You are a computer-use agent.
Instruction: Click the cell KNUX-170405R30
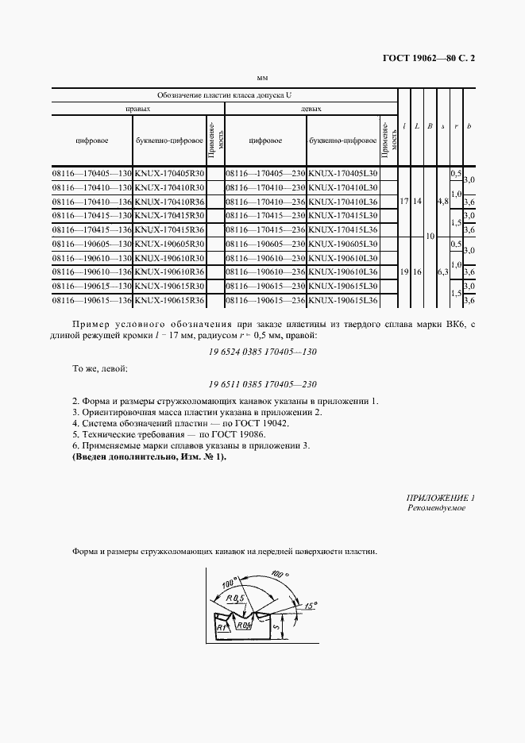(x=170, y=172)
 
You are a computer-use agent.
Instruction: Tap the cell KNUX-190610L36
(x=343, y=272)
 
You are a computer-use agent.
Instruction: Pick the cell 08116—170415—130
(x=92, y=215)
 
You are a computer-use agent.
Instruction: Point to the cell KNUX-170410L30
(x=343, y=187)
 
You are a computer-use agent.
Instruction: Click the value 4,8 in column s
(x=442, y=202)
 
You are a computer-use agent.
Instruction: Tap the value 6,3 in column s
(x=442, y=272)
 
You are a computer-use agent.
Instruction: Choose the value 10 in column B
(x=429, y=237)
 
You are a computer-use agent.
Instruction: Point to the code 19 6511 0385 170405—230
(x=262, y=383)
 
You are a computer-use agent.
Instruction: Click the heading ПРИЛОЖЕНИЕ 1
(x=440, y=498)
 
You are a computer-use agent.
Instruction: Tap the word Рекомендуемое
(x=436, y=508)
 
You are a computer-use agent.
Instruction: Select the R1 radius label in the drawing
(x=222, y=627)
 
